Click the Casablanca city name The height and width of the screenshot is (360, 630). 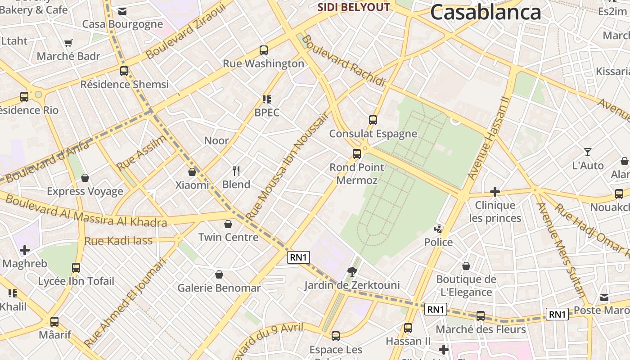click(486, 12)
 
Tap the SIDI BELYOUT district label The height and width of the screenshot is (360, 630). click(354, 7)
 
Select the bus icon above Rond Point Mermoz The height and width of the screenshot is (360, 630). click(357, 154)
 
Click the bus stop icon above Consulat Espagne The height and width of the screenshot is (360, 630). click(373, 120)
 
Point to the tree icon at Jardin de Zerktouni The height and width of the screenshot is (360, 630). click(352, 271)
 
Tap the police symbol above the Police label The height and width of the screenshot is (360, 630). click(438, 229)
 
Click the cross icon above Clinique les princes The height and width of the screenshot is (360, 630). click(495, 192)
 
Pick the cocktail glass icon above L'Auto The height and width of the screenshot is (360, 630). click(588, 152)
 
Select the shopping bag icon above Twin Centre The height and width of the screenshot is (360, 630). click(228, 224)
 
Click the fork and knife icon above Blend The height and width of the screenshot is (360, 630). click(236, 171)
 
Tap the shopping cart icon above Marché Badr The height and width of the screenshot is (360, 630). click(68, 43)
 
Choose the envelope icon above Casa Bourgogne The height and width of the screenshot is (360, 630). click(122, 11)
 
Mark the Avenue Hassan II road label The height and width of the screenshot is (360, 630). click(489, 138)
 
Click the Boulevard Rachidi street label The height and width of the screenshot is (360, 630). click(344, 61)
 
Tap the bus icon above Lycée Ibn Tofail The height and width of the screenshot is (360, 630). click(76, 268)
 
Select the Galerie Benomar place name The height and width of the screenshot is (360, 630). click(219, 288)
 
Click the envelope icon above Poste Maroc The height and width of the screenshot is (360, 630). click(604, 297)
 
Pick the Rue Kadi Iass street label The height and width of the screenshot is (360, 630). click(118, 241)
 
